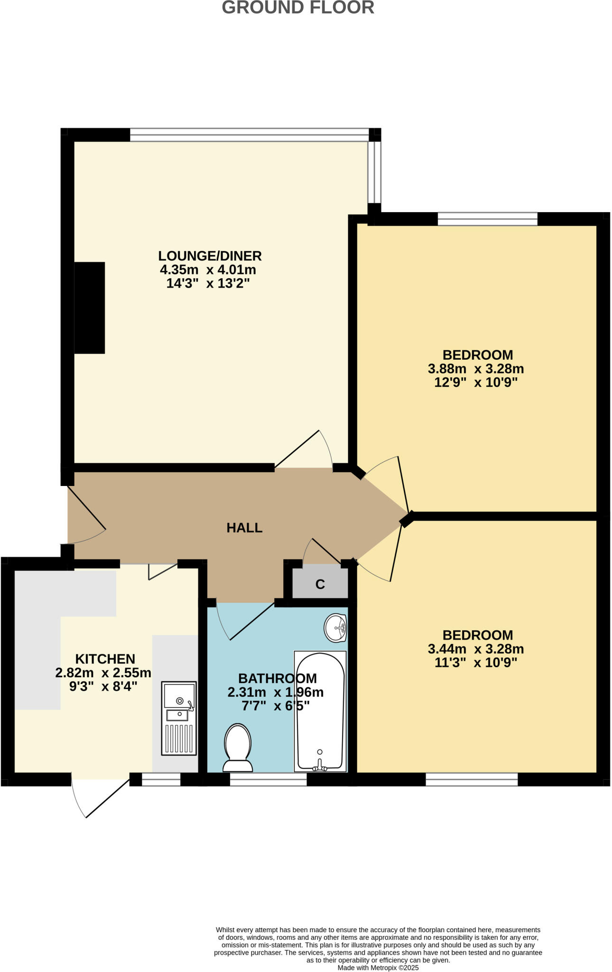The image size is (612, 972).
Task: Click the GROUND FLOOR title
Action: click(x=298, y=8)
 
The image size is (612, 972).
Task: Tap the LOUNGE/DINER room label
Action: click(x=210, y=256)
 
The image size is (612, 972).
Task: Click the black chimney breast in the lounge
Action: click(x=89, y=308)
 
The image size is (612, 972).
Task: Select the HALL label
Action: click(x=244, y=528)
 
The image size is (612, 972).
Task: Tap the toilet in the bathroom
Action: click(x=237, y=748)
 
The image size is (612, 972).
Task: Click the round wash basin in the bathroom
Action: click(x=336, y=628)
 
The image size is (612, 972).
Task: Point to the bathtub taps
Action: click(x=319, y=765)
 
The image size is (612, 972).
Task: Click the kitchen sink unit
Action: click(x=179, y=718)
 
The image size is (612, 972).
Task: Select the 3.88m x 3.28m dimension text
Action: click(x=476, y=369)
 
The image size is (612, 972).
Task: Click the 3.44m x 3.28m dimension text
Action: click(x=476, y=649)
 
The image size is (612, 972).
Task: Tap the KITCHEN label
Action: click(x=105, y=659)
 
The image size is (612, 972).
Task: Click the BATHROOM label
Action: click(x=277, y=678)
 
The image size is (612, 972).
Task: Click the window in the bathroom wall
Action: click(x=268, y=779)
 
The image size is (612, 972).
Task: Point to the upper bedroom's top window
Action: click(x=487, y=219)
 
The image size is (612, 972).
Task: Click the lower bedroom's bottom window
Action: click(x=471, y=779)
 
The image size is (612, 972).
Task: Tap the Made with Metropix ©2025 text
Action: click(x=378, y=968)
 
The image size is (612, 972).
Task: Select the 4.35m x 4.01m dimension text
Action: click(x=208, y=270)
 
